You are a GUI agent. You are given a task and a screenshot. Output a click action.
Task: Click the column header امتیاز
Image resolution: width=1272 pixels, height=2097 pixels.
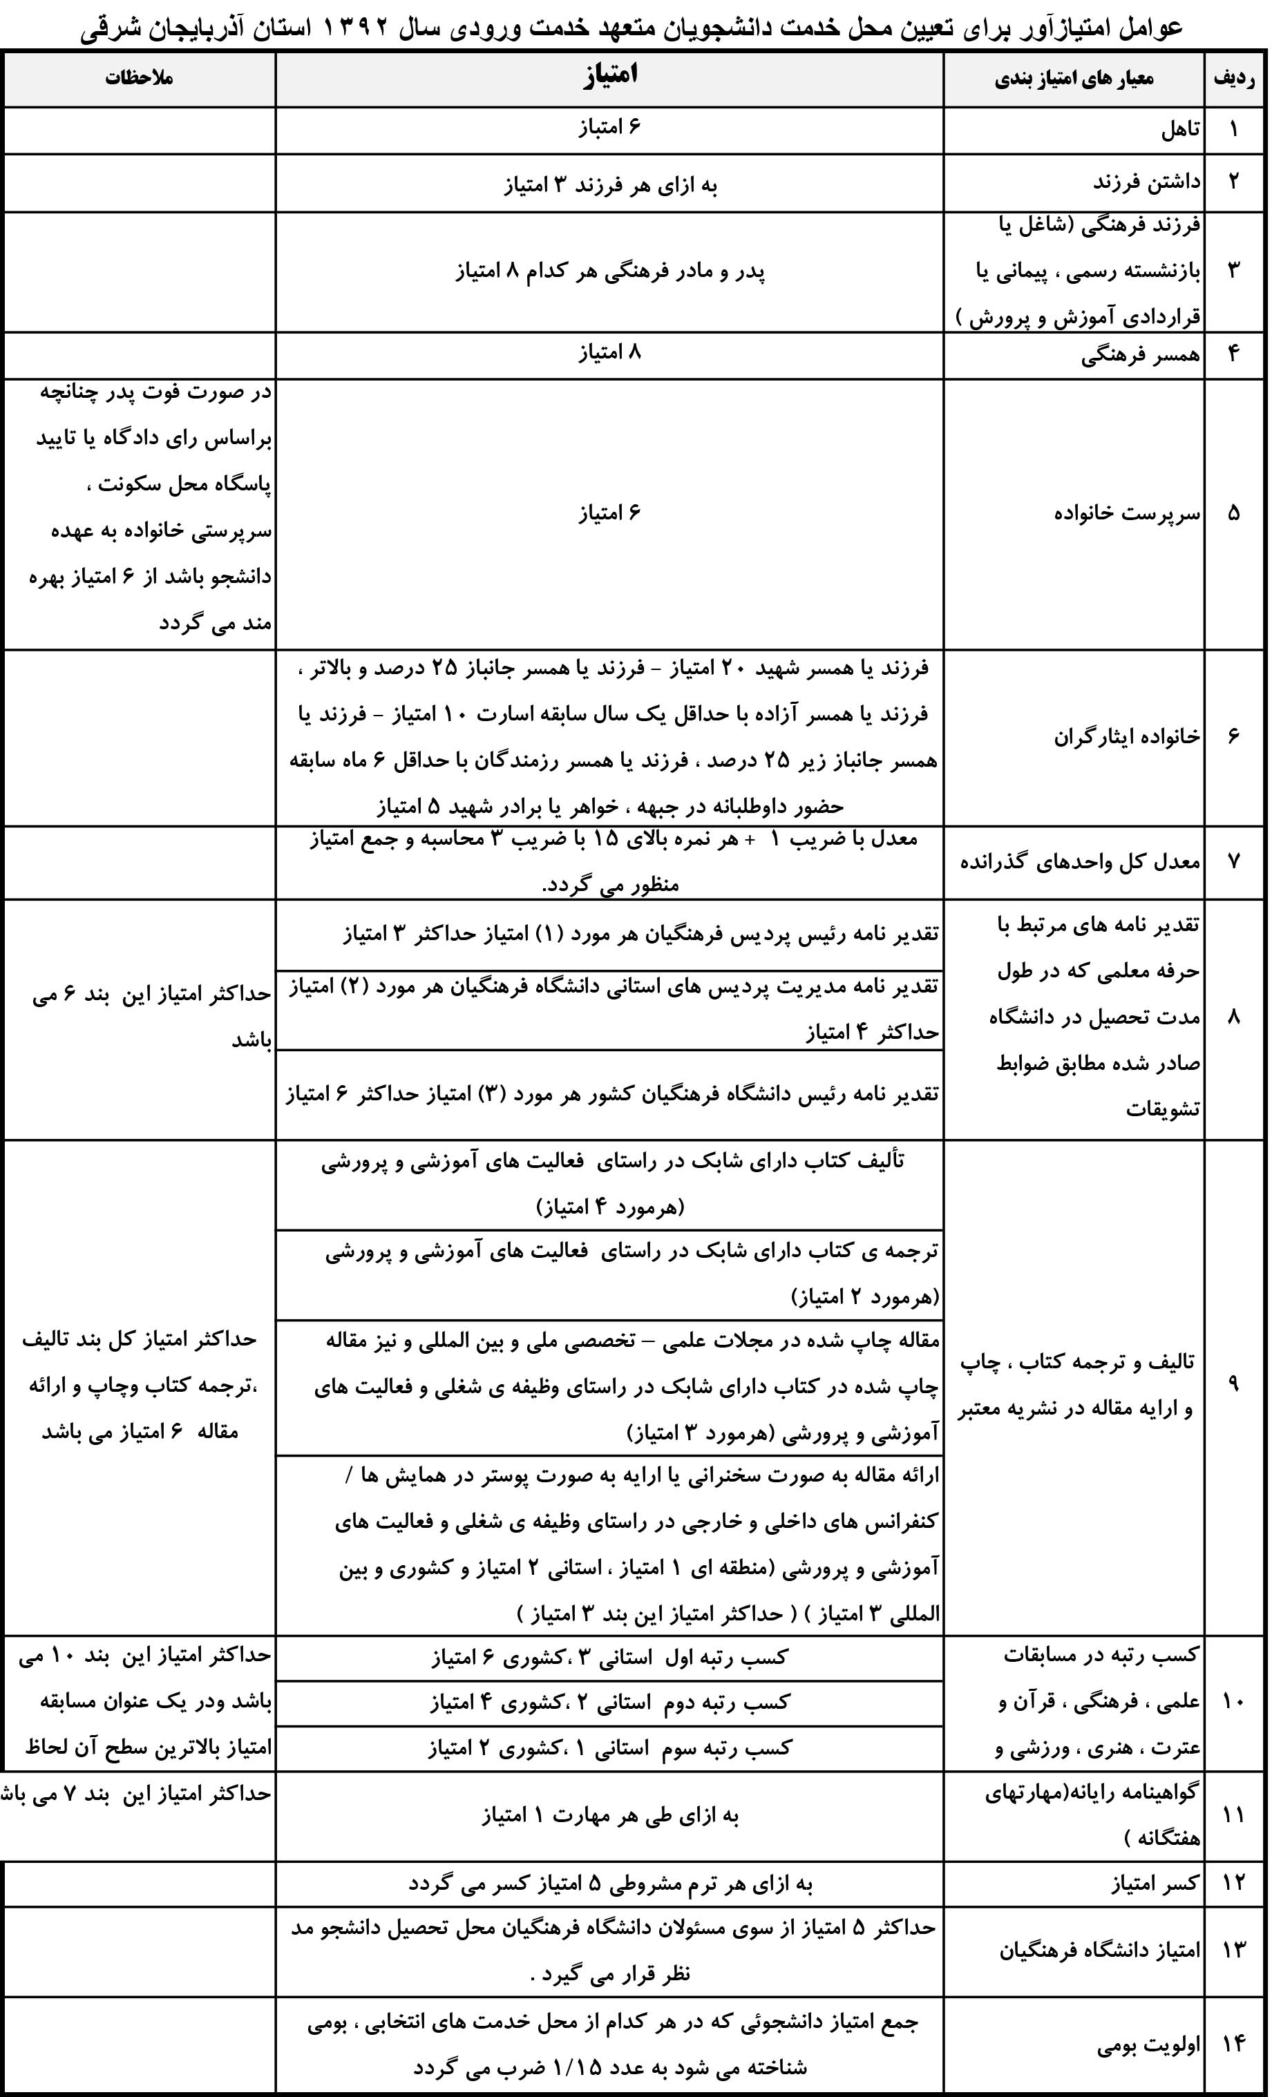(x=609, y=77)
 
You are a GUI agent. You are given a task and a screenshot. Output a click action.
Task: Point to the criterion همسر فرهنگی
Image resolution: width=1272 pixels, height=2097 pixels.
(x=1141, y=355)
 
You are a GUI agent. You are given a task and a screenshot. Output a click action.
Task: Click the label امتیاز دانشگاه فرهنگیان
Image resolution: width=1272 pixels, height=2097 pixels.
(x=1099, y=1947)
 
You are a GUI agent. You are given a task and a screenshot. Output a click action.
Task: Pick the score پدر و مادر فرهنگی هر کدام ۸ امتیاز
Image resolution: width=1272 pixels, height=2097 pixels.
(x=609, y=272)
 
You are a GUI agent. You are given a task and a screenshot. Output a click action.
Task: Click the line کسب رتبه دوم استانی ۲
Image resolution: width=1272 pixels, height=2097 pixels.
(x=609, y=1702)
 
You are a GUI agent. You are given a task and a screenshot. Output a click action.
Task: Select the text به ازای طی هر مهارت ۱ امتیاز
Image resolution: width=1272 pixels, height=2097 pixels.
(x=609, y=1815)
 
